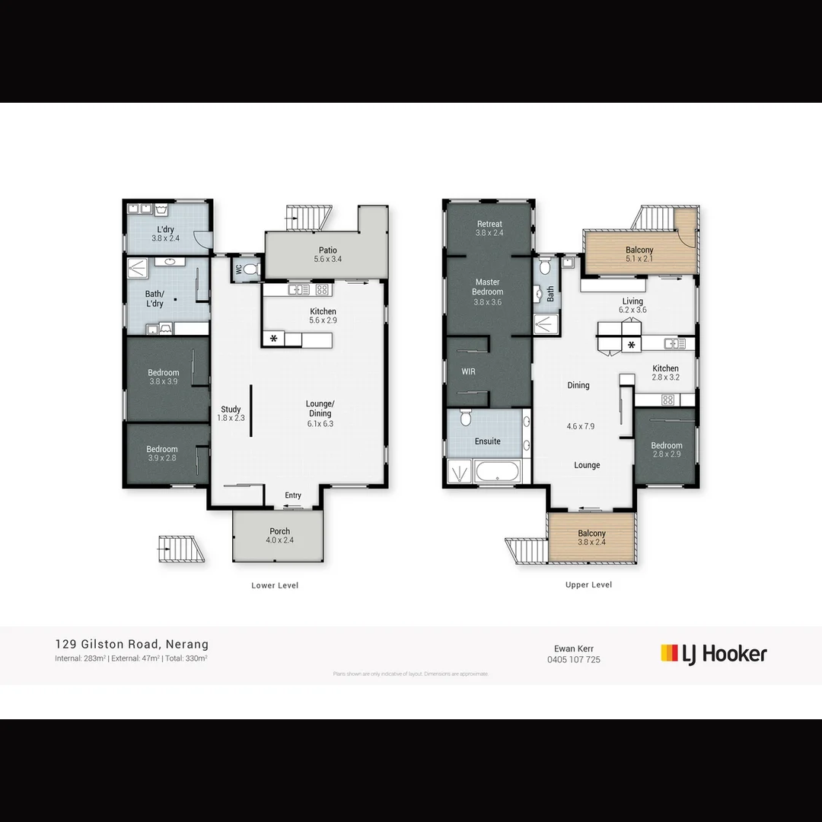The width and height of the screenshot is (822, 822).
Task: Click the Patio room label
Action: (x=328, y=250)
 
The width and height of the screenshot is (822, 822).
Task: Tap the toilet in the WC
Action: (x=252, y=269)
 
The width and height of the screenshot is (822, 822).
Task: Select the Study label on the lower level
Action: (x=231, y=409)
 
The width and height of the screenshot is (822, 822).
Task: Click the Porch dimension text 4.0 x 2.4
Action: (x=279, y=540)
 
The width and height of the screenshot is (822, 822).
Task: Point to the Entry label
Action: (x=293, y=495)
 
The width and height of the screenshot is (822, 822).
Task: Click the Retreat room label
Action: (x=489, y=224)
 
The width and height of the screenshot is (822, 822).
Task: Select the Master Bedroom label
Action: (x=487, y=287)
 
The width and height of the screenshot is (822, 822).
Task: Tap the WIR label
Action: (x=468, y=372)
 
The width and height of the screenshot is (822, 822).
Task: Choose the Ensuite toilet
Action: (x=465, y=418)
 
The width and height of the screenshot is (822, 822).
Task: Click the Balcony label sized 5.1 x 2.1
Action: (x=639, y=250)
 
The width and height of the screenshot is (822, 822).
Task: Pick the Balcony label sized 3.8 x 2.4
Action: (x=591, y=534)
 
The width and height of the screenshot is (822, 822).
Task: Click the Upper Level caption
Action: (x=588, y=585)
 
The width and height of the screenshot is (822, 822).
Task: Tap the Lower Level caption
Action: (x=275, y=585)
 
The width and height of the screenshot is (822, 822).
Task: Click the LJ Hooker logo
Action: (x=713, y=653)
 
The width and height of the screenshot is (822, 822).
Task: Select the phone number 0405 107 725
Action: (x=573, y=660)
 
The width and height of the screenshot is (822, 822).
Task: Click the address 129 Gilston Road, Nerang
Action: (x=132, y=644)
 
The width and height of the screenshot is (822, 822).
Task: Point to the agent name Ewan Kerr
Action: (x=573, y=648)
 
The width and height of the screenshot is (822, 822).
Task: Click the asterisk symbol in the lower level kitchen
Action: (x=273, y=339)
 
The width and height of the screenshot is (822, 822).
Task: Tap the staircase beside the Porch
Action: (x=181, y=549)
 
